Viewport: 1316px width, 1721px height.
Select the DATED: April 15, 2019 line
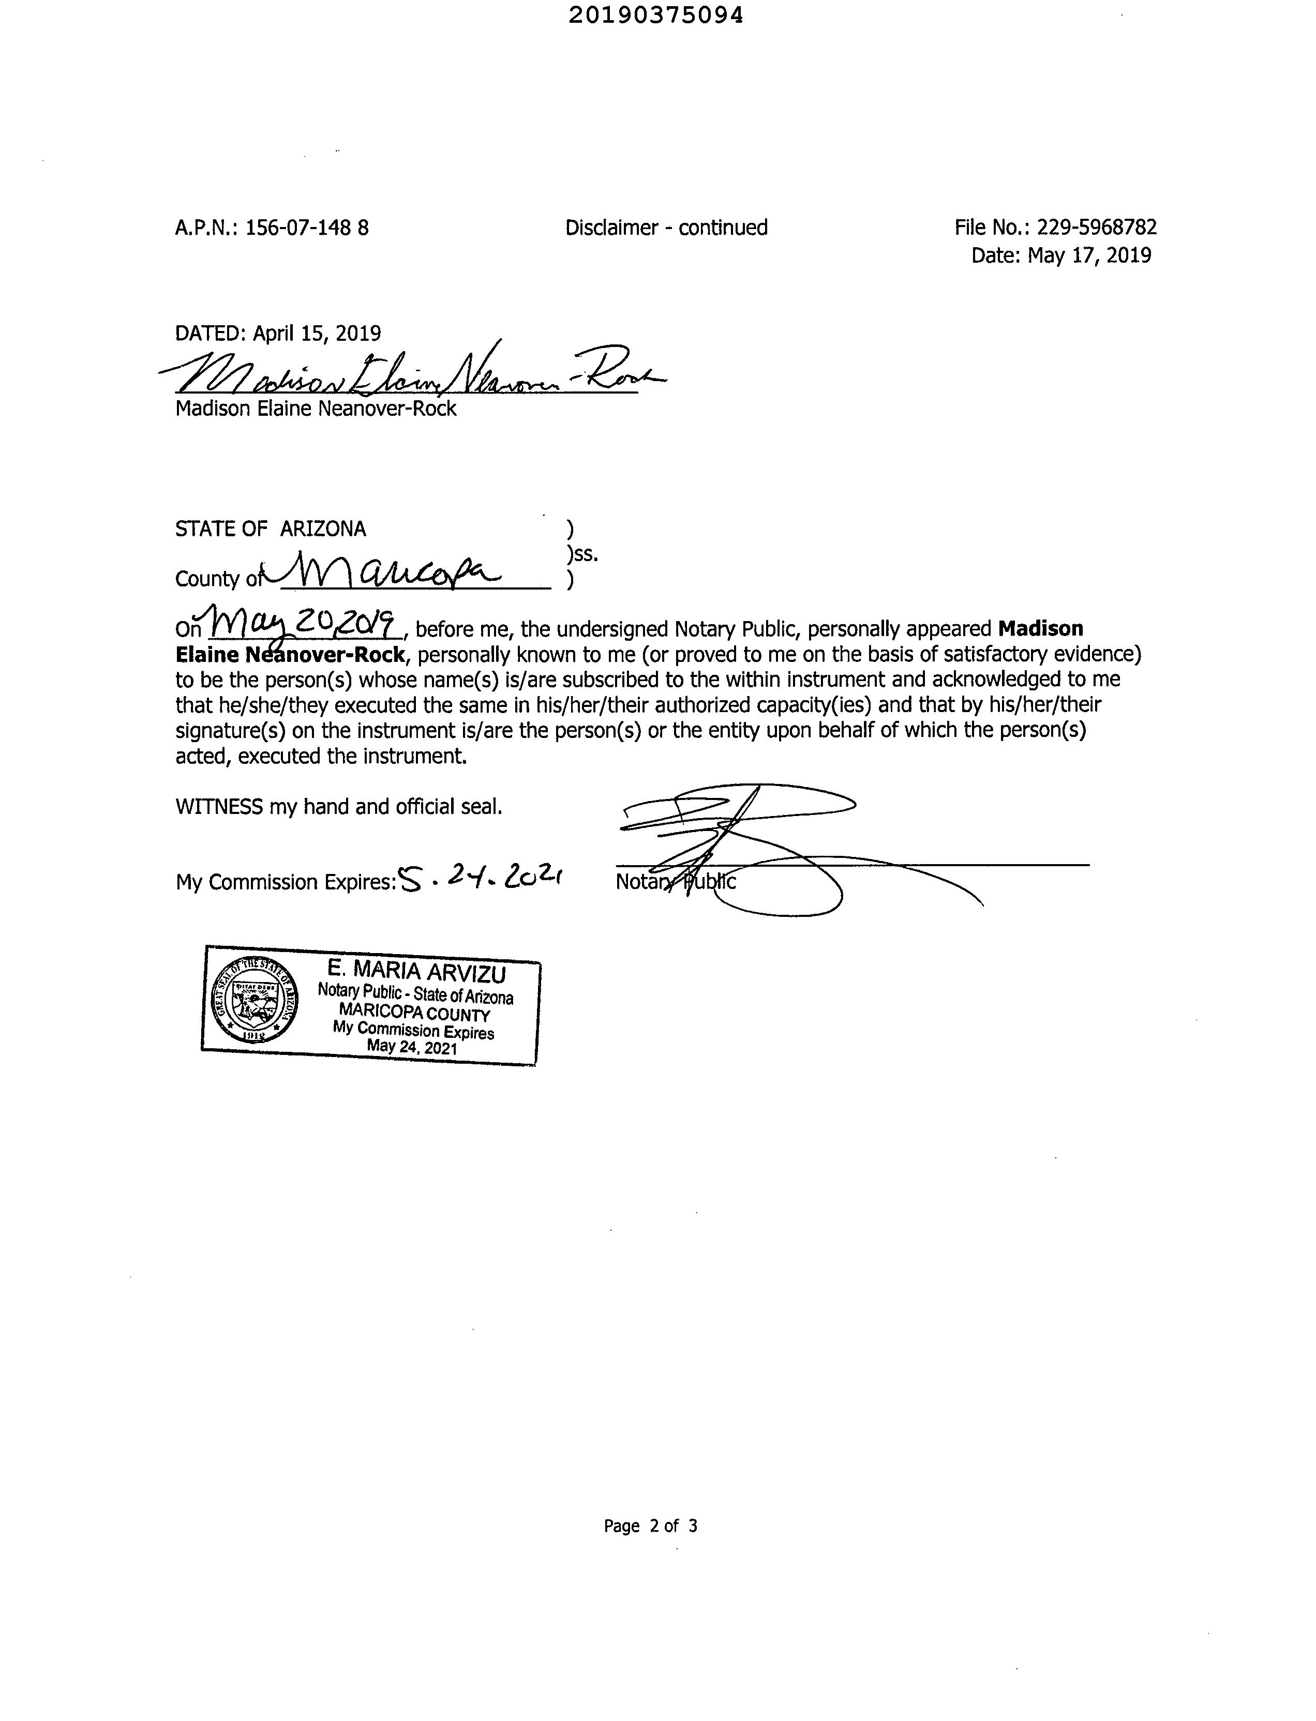click(x=278, y=334)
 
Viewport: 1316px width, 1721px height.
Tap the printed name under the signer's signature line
click(x=316, y=409)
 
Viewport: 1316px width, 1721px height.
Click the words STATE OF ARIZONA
click(x=270, y=530)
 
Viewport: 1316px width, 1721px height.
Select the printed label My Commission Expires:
click(x=285, y=882)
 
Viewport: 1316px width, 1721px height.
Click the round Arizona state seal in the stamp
click(x=256, y=1001)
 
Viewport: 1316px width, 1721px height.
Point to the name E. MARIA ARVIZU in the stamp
click(x=417, y=972)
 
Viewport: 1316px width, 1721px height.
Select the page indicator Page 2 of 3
click(x=650, y=1525)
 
